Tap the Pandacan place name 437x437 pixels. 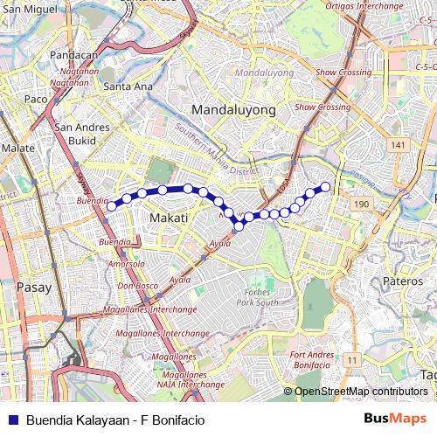tap(73, 54)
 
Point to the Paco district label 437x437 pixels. tap(35, 100)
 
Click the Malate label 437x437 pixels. tap(17, 149)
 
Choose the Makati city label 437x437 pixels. tap(170, 217)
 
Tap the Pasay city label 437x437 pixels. tap(34, 286)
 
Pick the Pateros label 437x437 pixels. tap(403, 281)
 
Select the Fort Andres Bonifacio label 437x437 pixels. tap(311, 360)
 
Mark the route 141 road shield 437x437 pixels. tap(399, 144)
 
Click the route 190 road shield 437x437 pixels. tap(359, 203)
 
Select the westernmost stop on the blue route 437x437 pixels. tap(111, 206)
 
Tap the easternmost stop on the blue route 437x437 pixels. tap(325, 185)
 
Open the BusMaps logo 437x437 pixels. tap(395, 419)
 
